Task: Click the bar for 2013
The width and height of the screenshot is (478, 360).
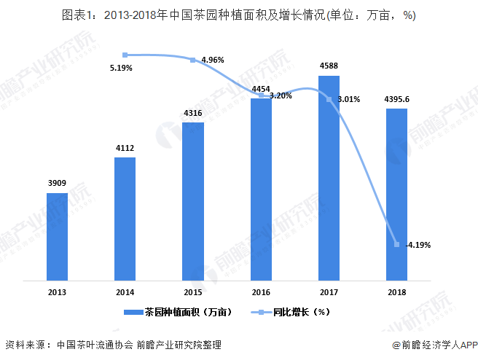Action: pos(58,237)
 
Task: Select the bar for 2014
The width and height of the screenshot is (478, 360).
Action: pos(125,219)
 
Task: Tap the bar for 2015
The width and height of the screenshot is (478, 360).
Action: pos(193,201)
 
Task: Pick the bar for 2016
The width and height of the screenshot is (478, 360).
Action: pos(261,189)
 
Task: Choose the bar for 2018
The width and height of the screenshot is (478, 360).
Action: pos(396,195)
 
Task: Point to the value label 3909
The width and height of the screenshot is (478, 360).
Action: pos(58,184)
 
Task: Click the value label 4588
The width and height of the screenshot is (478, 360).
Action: pos(329,66)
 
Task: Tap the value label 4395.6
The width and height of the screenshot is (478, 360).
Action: pos(396,99)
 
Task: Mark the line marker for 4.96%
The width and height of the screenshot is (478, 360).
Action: pos(193,60)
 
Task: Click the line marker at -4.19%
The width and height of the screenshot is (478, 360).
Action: pos(396,244)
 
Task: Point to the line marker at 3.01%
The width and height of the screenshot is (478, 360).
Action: pos(329,99)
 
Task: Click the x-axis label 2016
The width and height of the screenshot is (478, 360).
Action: pos(261,291)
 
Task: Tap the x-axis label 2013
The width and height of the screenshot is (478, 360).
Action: pos(58,291)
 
